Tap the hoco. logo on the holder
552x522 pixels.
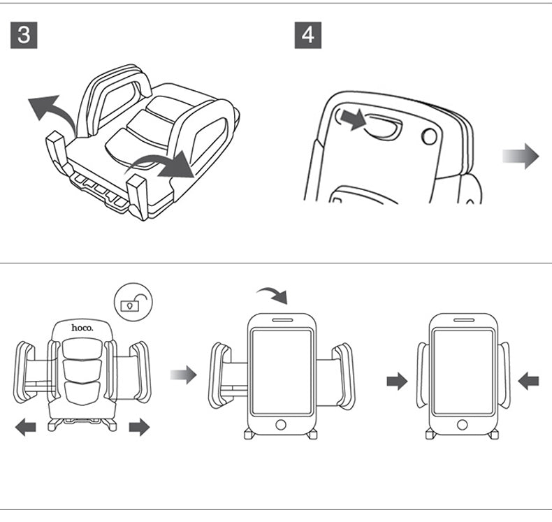[81, 327]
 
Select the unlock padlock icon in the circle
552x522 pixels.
[133, 303]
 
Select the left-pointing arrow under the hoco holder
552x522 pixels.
[26, 426]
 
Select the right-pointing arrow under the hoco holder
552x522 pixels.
[140, 426]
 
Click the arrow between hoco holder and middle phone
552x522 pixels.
[184, 375]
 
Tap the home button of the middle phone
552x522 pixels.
[282, 424]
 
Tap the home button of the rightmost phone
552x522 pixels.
[462, 424]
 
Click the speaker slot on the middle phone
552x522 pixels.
[282, 320]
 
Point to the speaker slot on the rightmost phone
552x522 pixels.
[462, 320]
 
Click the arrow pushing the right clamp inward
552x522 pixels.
[529, 381]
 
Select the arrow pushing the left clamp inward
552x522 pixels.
[397, 381]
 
